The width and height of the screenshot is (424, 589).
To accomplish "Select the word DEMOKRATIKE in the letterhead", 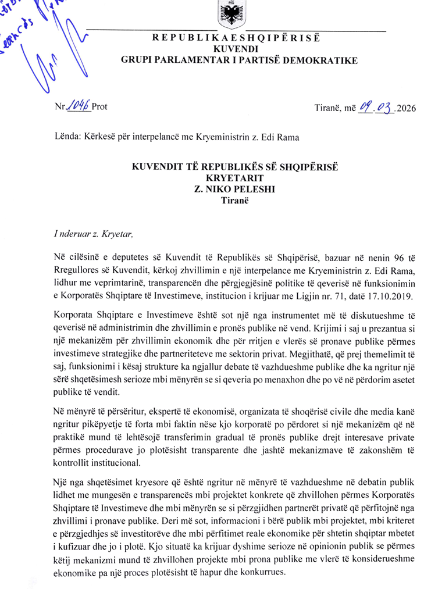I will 325,60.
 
